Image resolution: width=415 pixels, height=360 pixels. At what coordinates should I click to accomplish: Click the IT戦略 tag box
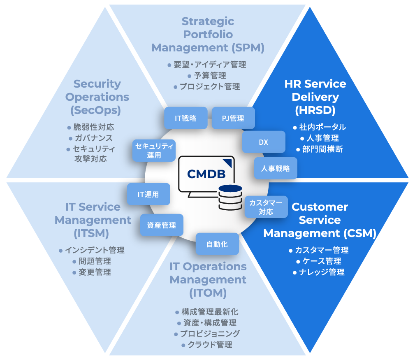(185, 118)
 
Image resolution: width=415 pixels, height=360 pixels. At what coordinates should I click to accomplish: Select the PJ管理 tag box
(233, 118)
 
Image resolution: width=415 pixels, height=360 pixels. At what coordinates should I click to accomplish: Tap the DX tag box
(264, 142)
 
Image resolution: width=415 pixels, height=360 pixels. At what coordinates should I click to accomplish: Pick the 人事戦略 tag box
(275, 168)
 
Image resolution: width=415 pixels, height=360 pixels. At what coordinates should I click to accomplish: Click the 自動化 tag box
(217, 244)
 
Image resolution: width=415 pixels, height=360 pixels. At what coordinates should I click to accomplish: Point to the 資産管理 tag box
(162, 225)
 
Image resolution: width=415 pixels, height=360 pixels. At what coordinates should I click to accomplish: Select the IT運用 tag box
(148, 194)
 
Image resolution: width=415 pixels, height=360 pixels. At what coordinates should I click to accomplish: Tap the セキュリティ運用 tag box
(154, 150)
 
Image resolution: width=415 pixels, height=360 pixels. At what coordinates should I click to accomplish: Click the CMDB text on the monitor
(206, 174)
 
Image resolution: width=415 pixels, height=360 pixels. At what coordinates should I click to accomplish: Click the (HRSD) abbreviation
(315, 110)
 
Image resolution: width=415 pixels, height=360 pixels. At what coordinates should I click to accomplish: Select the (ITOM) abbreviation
(208, 293)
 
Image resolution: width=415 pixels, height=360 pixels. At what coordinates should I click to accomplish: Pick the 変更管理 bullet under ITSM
(95, 272)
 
